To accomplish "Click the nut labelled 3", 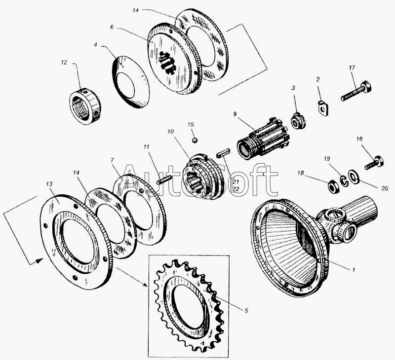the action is [x=298, y=120].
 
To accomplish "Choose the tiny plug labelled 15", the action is [x=196, y=140].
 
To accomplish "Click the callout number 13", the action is [x=49, y=183].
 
